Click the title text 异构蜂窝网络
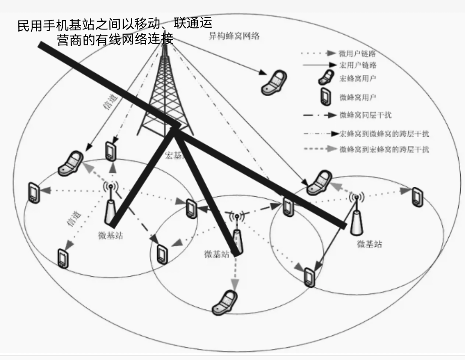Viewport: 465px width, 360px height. (234, 35)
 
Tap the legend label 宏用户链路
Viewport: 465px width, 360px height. (358, 65)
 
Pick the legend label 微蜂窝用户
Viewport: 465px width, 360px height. (358, 97)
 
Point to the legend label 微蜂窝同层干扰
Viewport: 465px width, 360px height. (365, 115)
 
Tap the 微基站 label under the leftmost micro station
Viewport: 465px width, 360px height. (110, 235)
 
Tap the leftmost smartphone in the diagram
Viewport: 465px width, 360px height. (33, 192)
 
